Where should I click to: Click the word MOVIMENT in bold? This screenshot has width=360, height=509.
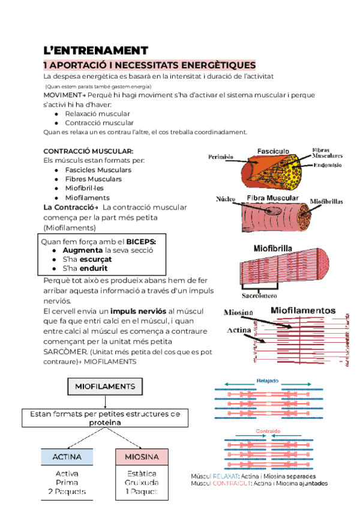61,95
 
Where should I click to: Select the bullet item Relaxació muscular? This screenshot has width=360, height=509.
97,113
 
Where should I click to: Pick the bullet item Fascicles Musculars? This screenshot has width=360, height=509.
98,170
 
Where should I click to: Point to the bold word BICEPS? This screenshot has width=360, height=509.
140,241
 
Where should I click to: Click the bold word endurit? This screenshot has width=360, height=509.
93,268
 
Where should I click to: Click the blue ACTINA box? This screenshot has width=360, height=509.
67,457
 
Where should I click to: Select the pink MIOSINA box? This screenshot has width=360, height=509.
141,457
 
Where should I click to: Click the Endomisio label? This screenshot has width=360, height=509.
327,165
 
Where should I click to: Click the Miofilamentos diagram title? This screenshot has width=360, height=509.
303,310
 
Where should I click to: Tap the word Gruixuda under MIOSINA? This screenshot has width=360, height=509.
141,482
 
